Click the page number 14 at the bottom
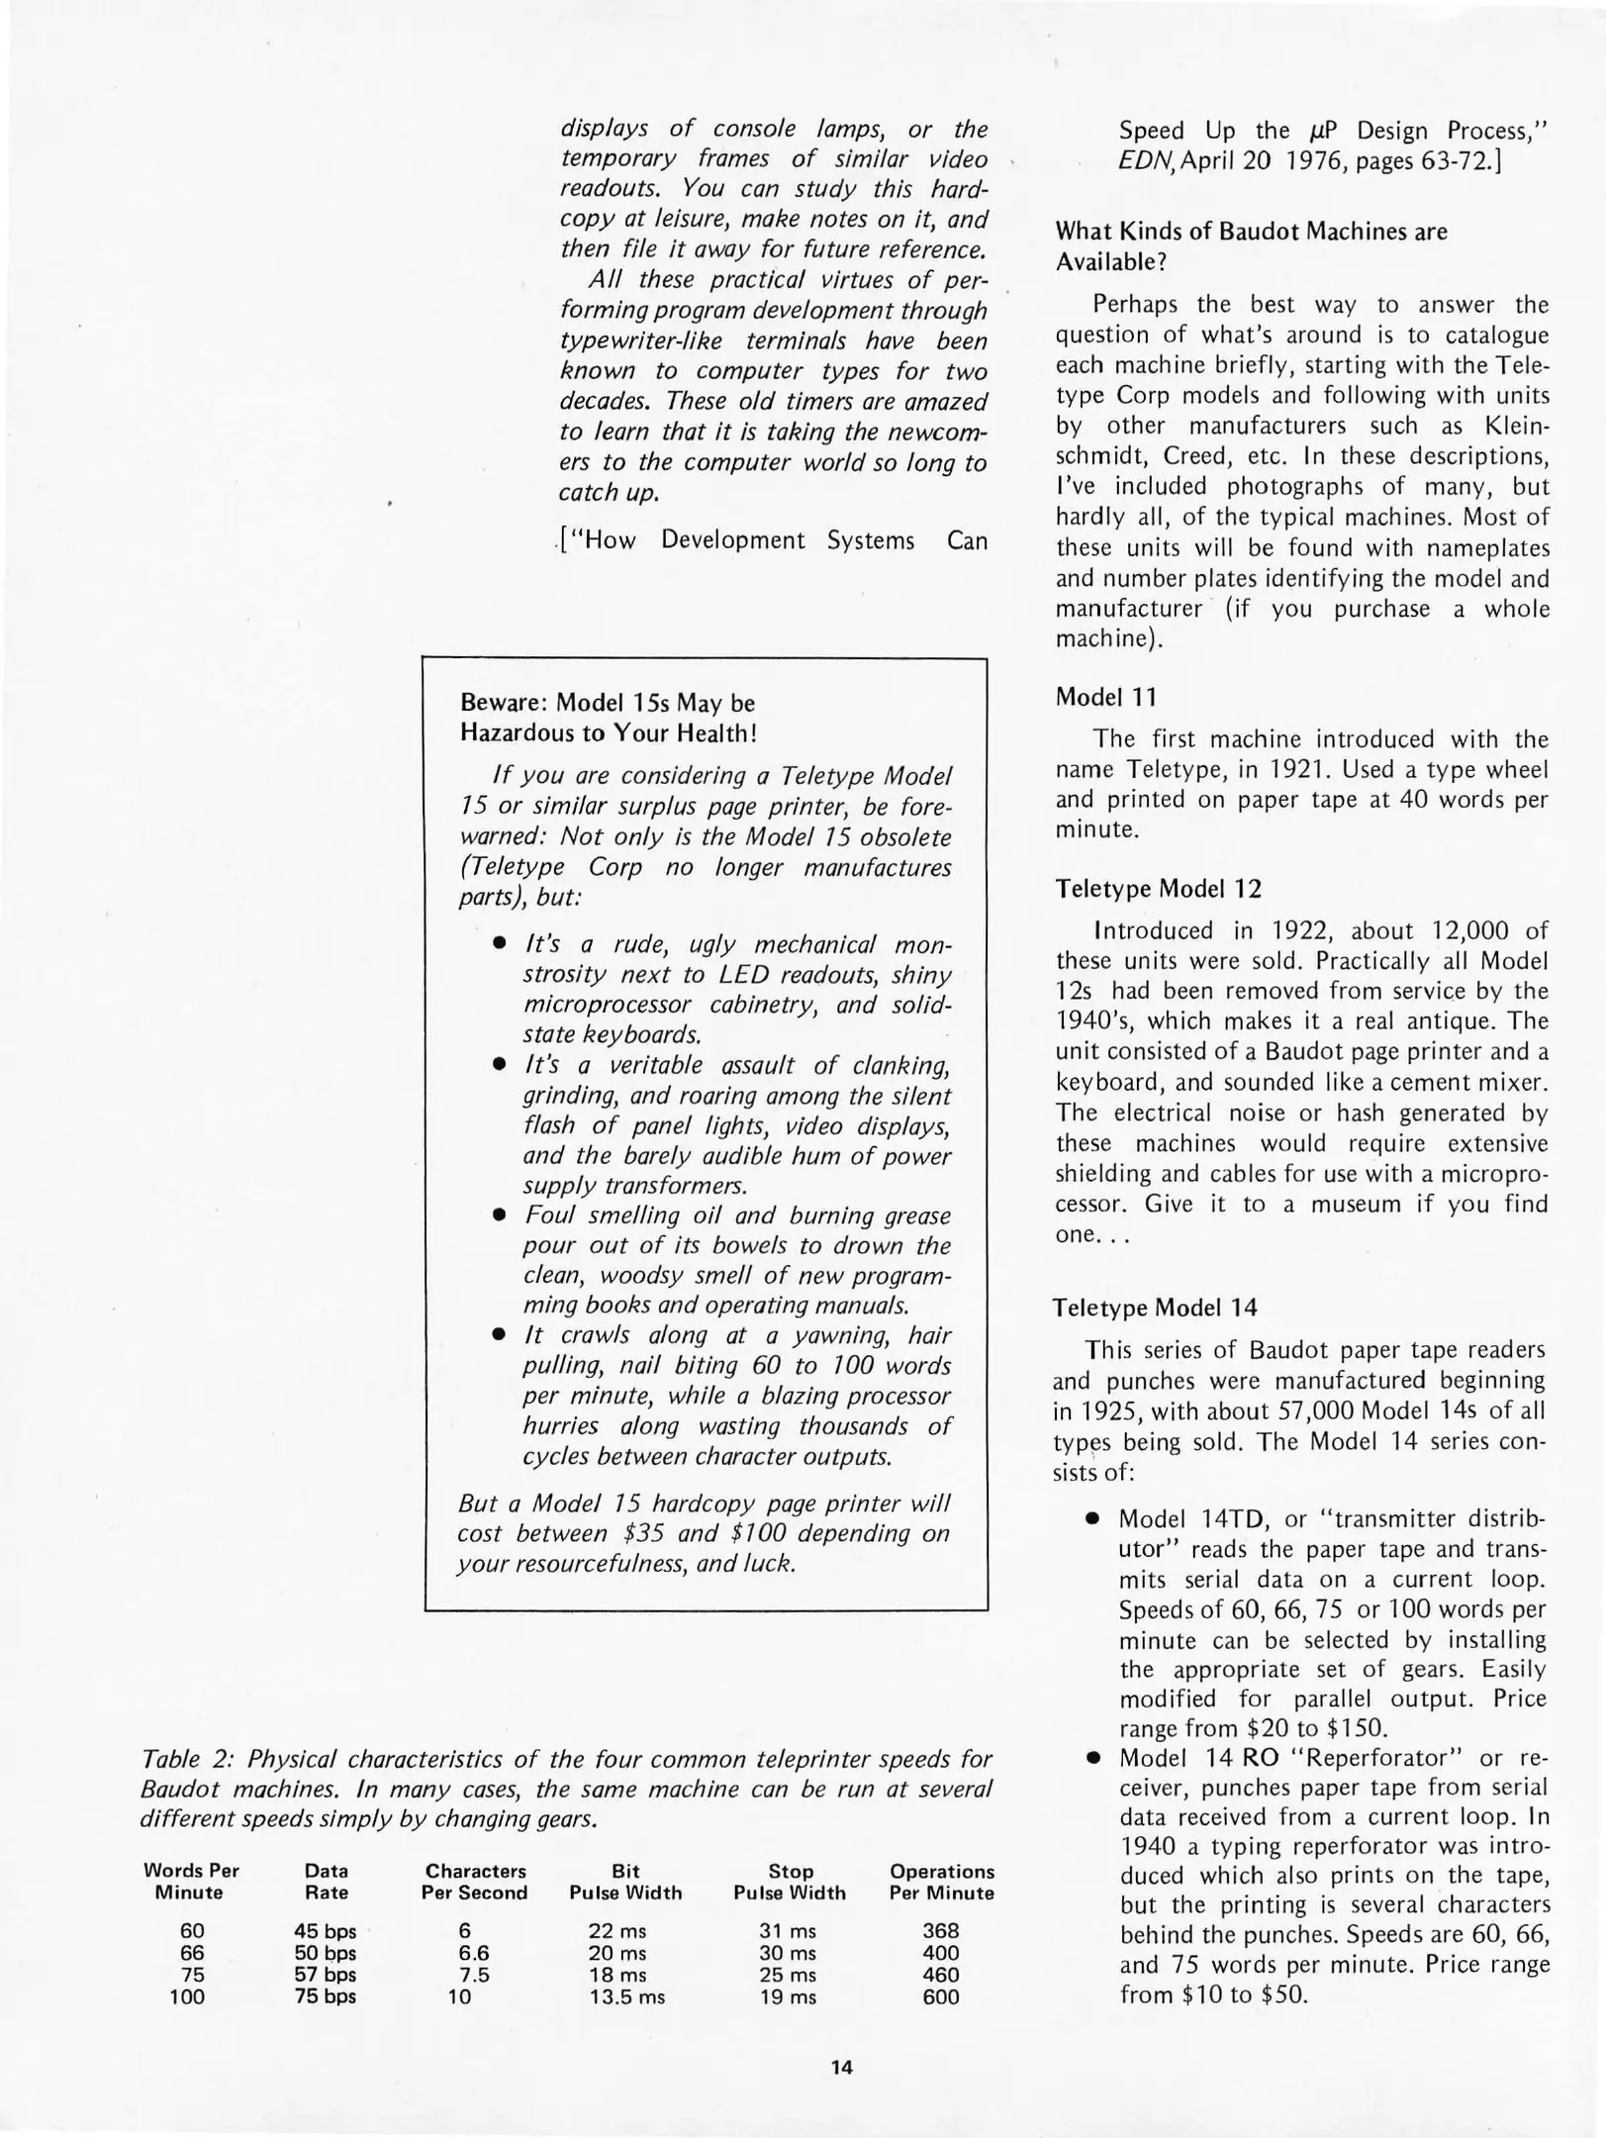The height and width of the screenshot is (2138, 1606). click(x=841, y=2067)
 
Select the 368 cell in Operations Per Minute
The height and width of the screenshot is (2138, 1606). click(x=940, y=1930)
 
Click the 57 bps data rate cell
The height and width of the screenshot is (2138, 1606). click(x=326, y=1975)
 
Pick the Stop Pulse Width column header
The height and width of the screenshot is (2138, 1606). click(x=790, y=1882)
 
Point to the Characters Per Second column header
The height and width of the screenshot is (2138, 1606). click(x=475, y=1882)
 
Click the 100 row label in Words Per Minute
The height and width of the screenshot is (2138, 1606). click(x=187, y=1996)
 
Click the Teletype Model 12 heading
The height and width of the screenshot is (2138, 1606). click(x=1158, y=889)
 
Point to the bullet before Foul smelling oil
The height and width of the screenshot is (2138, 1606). click(x=501, y=1216)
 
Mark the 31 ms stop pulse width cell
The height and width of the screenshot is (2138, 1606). click(x=789, y=1930)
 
